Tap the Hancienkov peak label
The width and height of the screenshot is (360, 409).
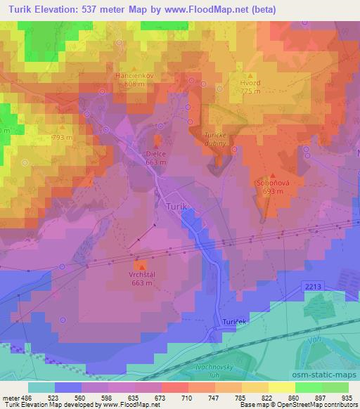(x=134, y=74)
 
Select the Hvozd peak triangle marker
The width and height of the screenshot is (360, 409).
(x=250, y=75)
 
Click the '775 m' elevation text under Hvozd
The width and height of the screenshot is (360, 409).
(x=250, y=91)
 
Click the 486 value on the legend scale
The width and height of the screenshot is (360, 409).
(x=26, y=397)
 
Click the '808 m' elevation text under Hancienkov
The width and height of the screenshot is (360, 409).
(x=134, y=83)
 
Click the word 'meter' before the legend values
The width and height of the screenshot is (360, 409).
(x=9, y=397)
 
